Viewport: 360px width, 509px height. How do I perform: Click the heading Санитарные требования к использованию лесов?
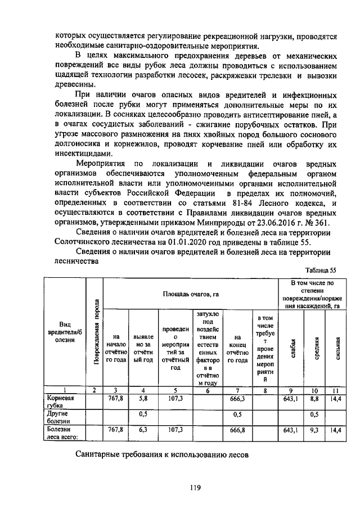[162, 454]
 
